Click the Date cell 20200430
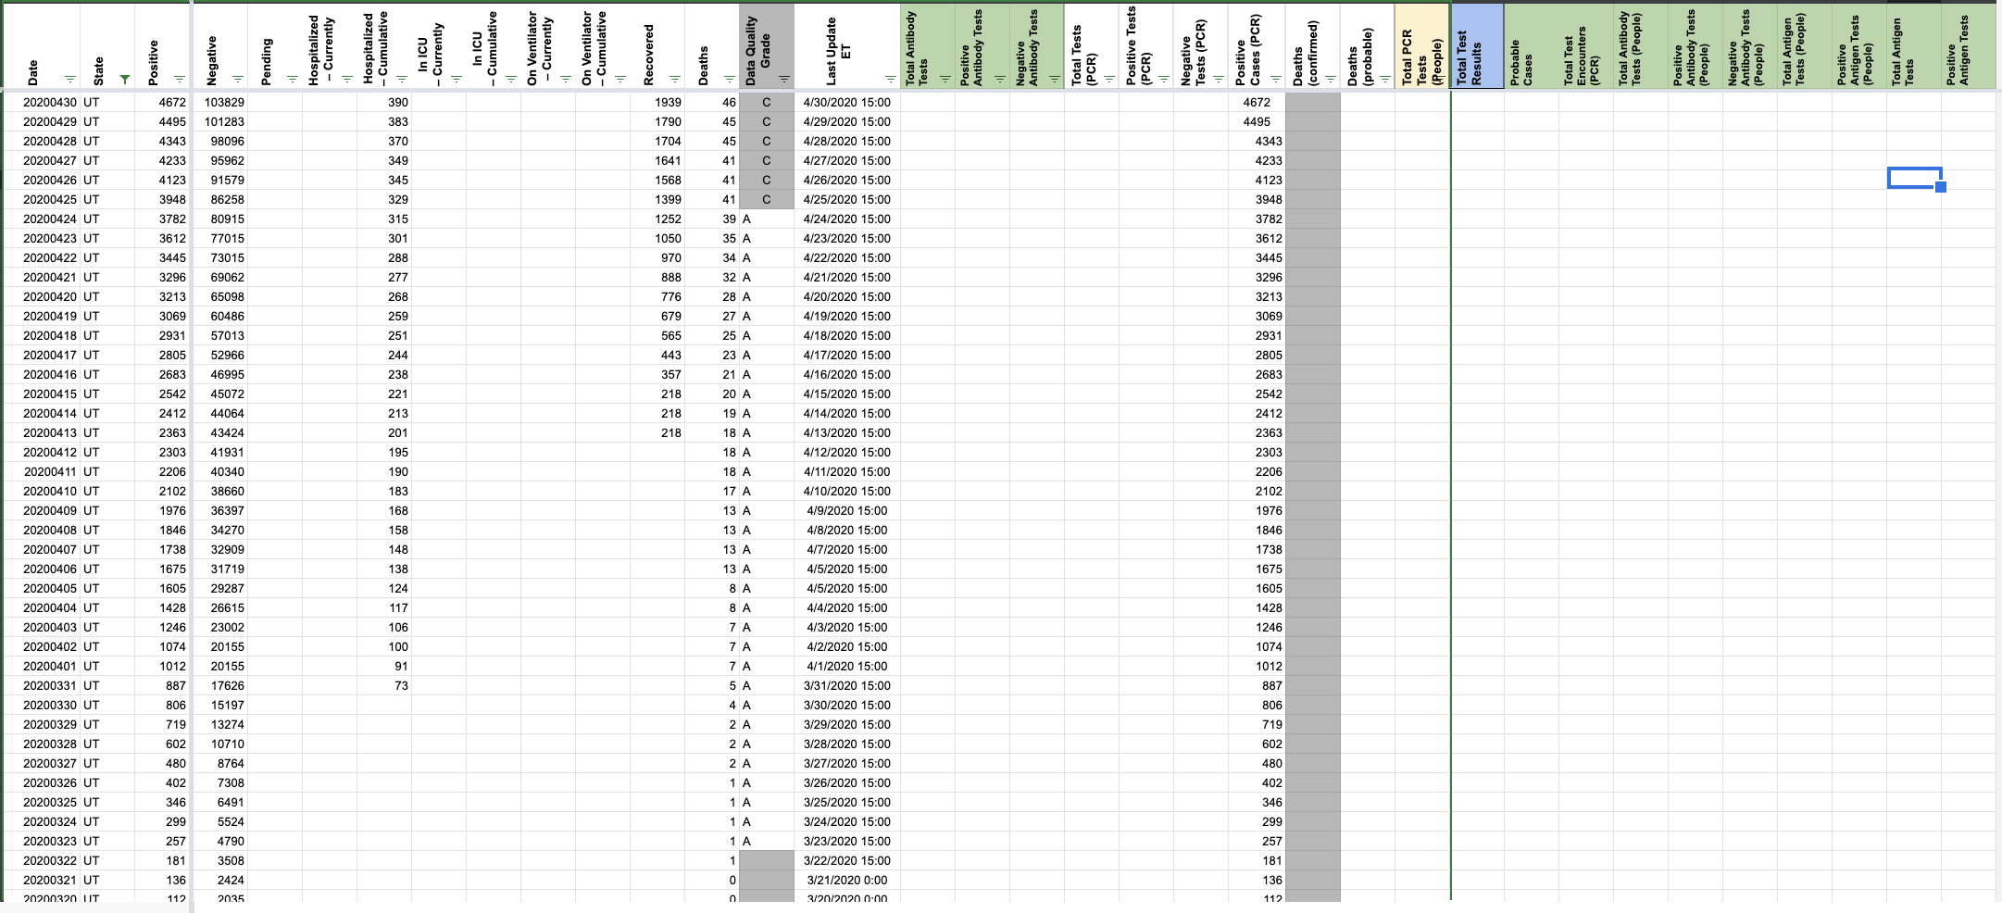point(50,103)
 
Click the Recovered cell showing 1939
point(668,103)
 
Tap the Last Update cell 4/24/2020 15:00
point(846,219)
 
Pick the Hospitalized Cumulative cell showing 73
point(400,686)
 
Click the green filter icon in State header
point(125,80)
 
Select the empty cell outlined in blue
point(1913,178)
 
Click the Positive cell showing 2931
point(172,336)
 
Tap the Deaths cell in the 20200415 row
point(729,394)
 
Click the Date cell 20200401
point(50,667)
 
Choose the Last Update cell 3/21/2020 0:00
point(846,881)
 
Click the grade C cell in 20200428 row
point(766,142)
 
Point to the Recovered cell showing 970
point(670,258)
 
